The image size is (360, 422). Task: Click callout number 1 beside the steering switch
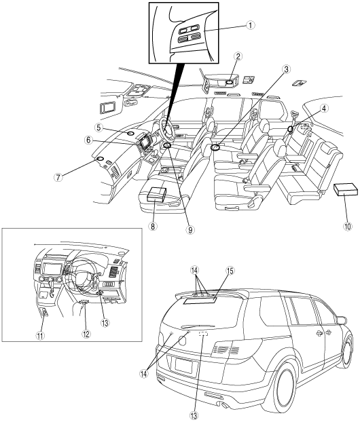(x=251, y=25)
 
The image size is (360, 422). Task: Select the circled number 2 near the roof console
(x=238, y=56)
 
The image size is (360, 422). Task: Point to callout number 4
(x=323, y=108)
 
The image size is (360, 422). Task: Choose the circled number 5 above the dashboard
(x=99, y=128)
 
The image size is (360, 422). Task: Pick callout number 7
(x=58, y=177)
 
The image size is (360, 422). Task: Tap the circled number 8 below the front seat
(x=153, y=227)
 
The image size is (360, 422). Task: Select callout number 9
(x=190, y=229)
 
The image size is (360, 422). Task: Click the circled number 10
(x=347, y=227)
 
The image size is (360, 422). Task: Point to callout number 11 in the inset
(x=40, y=336)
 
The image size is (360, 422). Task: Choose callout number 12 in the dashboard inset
(x=86, y=334)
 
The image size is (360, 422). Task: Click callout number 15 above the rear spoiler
(x=230, y=271)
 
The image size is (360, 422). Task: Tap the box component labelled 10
(x=346, y=189)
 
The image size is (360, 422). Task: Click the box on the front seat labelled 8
(x=156, y=194)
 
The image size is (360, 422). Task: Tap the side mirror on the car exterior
(x=342, y=320)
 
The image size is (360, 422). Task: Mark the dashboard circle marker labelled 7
(x=100, y=159)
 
